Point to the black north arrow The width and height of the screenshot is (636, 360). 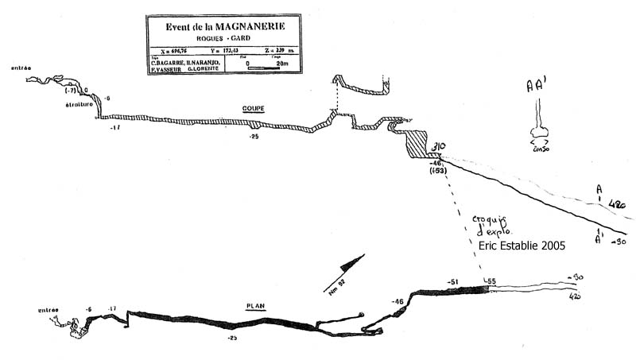click(x=350, y=265)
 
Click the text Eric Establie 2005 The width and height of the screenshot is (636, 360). click(x=522, y=246)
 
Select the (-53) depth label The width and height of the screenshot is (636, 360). click(x=437, y=171)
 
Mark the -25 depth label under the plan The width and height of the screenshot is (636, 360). click(x=233, y=338)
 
